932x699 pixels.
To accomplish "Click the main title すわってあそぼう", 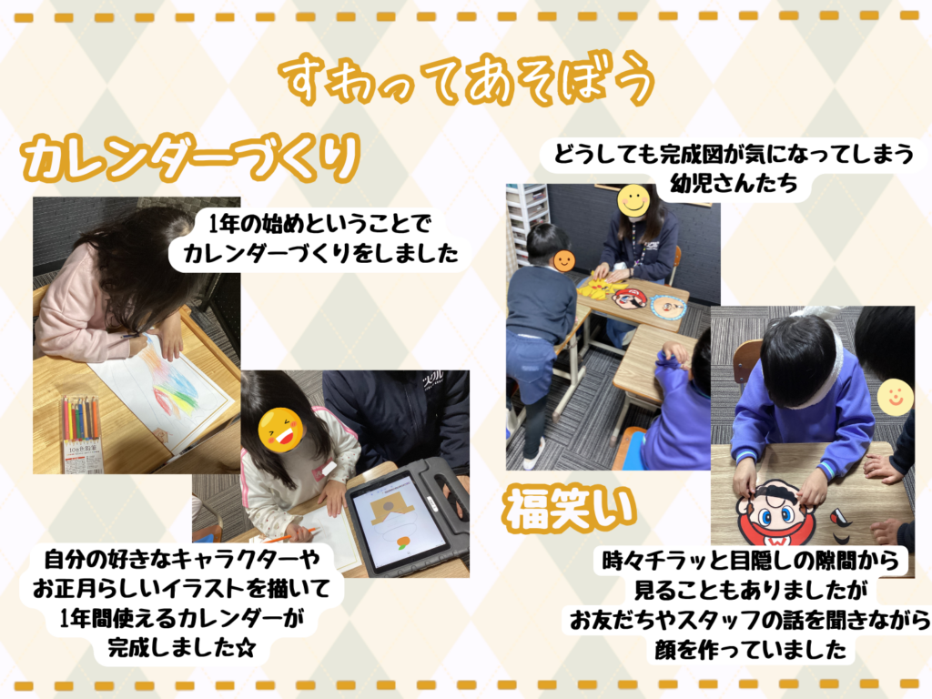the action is (x=467, y=80).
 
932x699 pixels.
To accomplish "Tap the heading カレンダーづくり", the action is (x=190, y=157).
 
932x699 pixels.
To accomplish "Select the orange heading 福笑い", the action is (x=570, y=509).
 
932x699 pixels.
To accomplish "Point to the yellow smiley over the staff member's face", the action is (x=633, y=200).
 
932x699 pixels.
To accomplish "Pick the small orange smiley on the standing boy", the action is (x=563, y=260).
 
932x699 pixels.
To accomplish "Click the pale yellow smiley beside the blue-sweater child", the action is (x=896, y=397).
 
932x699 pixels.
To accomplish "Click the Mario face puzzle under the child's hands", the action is (x=774, y=513).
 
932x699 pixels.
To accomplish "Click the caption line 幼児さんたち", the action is (x=734, y=183).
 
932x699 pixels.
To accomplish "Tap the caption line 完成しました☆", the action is (x=181, y=647).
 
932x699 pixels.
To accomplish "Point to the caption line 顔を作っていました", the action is (x=750, y=649).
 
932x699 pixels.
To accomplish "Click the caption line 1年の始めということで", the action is (x=319, y=224).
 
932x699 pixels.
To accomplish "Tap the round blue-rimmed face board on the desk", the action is (x=668, y=308).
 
